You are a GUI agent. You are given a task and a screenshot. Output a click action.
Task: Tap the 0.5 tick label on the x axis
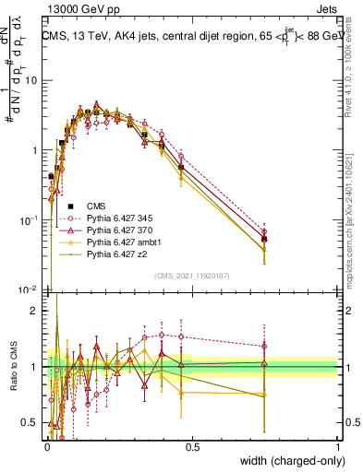(x=192, y=445)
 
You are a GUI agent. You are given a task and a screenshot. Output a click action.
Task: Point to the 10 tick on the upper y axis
(x=32, y=80)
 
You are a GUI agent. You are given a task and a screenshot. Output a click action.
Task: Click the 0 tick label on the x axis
(x=47, y=445)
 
